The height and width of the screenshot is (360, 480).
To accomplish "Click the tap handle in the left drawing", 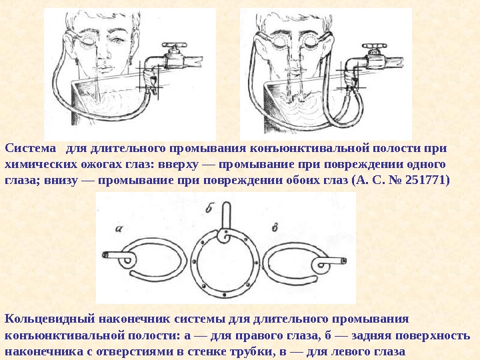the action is tap(174, 45).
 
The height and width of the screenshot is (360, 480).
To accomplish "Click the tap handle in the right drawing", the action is tap(374, 46).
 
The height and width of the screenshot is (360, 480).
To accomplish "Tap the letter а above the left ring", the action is tap(119, 228).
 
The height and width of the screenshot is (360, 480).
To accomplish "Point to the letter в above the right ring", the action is tap(275, 227).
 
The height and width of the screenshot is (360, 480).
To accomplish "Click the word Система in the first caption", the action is tap(31, 148).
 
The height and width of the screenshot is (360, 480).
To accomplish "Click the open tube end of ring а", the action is tap(105, 255).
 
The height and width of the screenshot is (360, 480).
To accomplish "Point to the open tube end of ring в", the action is tap(344, 261).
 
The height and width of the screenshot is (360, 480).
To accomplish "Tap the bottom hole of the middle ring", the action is tap(225, 295).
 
